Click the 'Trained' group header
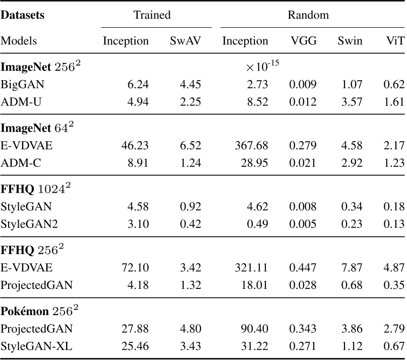[152, 15]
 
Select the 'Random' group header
[308, 15]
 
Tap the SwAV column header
[185, 41]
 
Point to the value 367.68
[251, 145]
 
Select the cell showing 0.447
[303, 268]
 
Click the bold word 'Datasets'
[23, 15]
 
